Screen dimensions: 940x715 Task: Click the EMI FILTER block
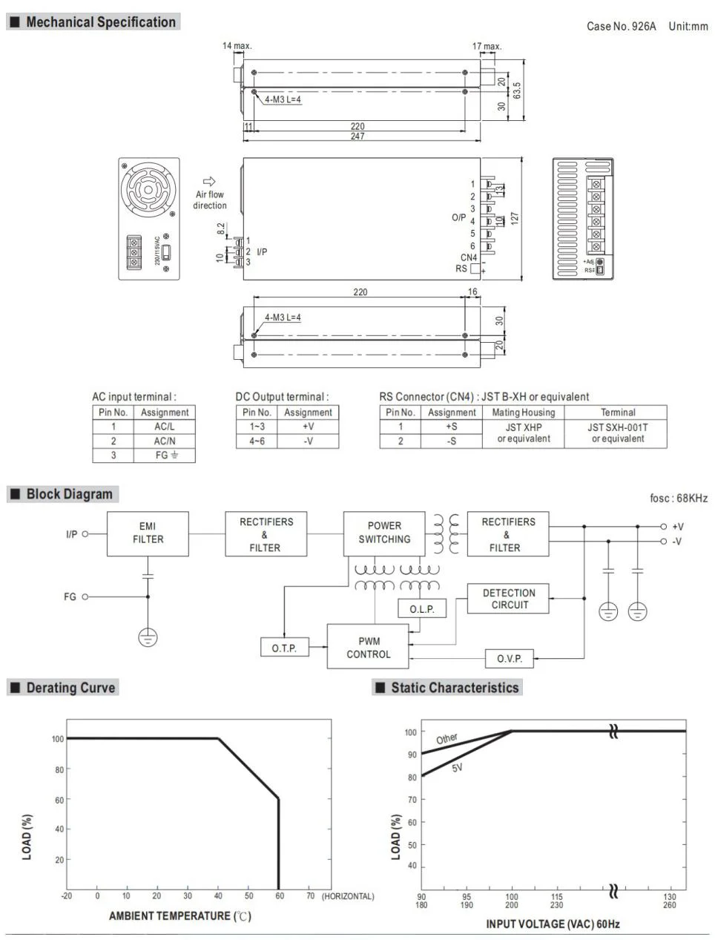[148, 533]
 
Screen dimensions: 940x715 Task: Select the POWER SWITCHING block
[384, 533]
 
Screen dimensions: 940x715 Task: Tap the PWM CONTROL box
[368, 648]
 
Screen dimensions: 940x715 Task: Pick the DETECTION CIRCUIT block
[509, 599]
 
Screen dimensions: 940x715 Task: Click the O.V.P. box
[510, 658]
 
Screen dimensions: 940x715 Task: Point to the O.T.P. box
[284, 648]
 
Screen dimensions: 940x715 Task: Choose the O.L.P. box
[422, 609]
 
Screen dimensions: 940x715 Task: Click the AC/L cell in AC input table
[164, 427]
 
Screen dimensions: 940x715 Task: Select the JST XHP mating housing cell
[524, 433]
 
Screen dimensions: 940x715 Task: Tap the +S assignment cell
[451, 427]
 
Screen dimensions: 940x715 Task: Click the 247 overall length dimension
[357, 137]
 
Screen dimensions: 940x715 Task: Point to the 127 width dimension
[515, 218]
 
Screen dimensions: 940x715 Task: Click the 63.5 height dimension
[517, 91]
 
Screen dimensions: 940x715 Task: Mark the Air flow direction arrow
[209, 181]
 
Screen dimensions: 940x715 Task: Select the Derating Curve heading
[70, 688]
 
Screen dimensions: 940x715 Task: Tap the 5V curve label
[457, 768]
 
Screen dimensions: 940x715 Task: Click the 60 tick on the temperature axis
[279, 896]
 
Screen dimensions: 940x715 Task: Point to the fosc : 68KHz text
[678, 498]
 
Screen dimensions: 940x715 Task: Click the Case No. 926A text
[621, 26]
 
